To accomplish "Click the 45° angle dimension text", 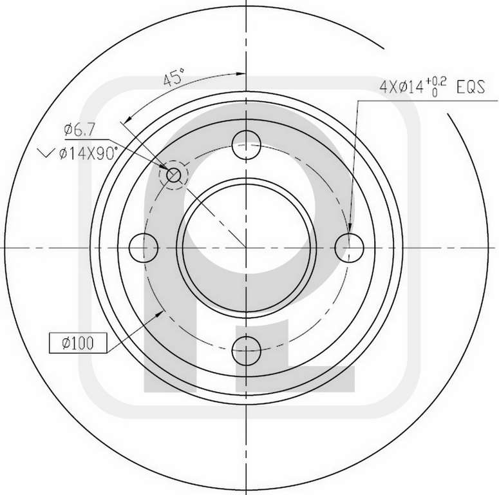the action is click(174, 77).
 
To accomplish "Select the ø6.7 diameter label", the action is click(79, 130).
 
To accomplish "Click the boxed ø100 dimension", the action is click(78, 343).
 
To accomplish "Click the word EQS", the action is click(471, 87).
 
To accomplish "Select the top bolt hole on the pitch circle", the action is click(247, 145).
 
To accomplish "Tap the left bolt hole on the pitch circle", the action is click(144, 247).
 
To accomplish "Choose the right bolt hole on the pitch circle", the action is click(349, 247).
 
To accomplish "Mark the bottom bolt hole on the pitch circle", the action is click(247, 351).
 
